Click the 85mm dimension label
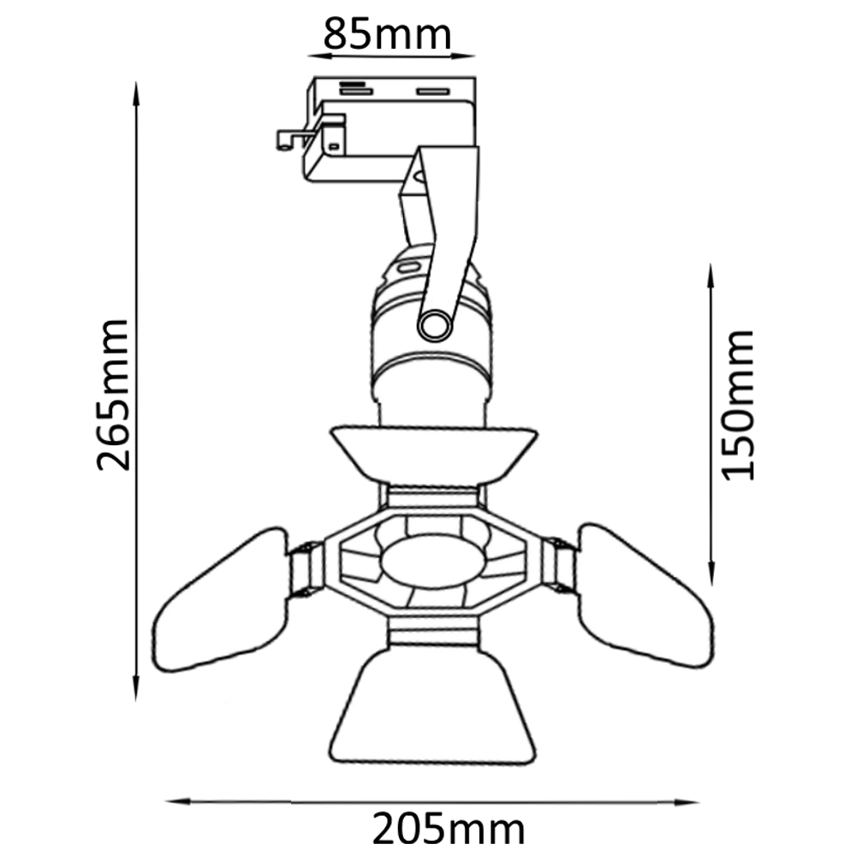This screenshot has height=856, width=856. pyautogui.click(x=387, y=34)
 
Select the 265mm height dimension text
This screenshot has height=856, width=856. pyautogui.click(x=113, y=394)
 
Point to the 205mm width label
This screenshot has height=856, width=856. pyautogui.click(x=448, y=829)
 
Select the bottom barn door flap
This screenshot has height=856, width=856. pyautogui.click(x=433, y=710)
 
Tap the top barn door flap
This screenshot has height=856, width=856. pyautogui.click(x=433, y=454)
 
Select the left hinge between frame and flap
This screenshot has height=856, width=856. pyautogui.click(x=306, y=569)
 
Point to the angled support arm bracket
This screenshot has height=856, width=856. pyautogui.click(x=441, y=223)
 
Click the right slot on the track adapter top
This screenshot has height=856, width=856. pyautogui.click(x=432, y=90)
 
